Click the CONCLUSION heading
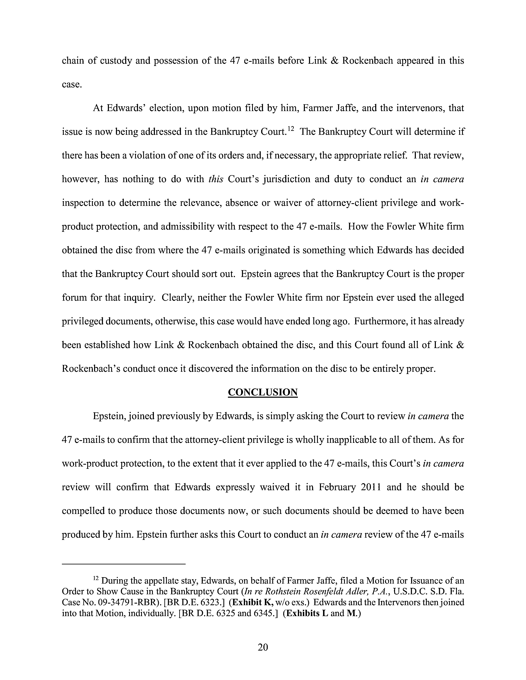[263, 392]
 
